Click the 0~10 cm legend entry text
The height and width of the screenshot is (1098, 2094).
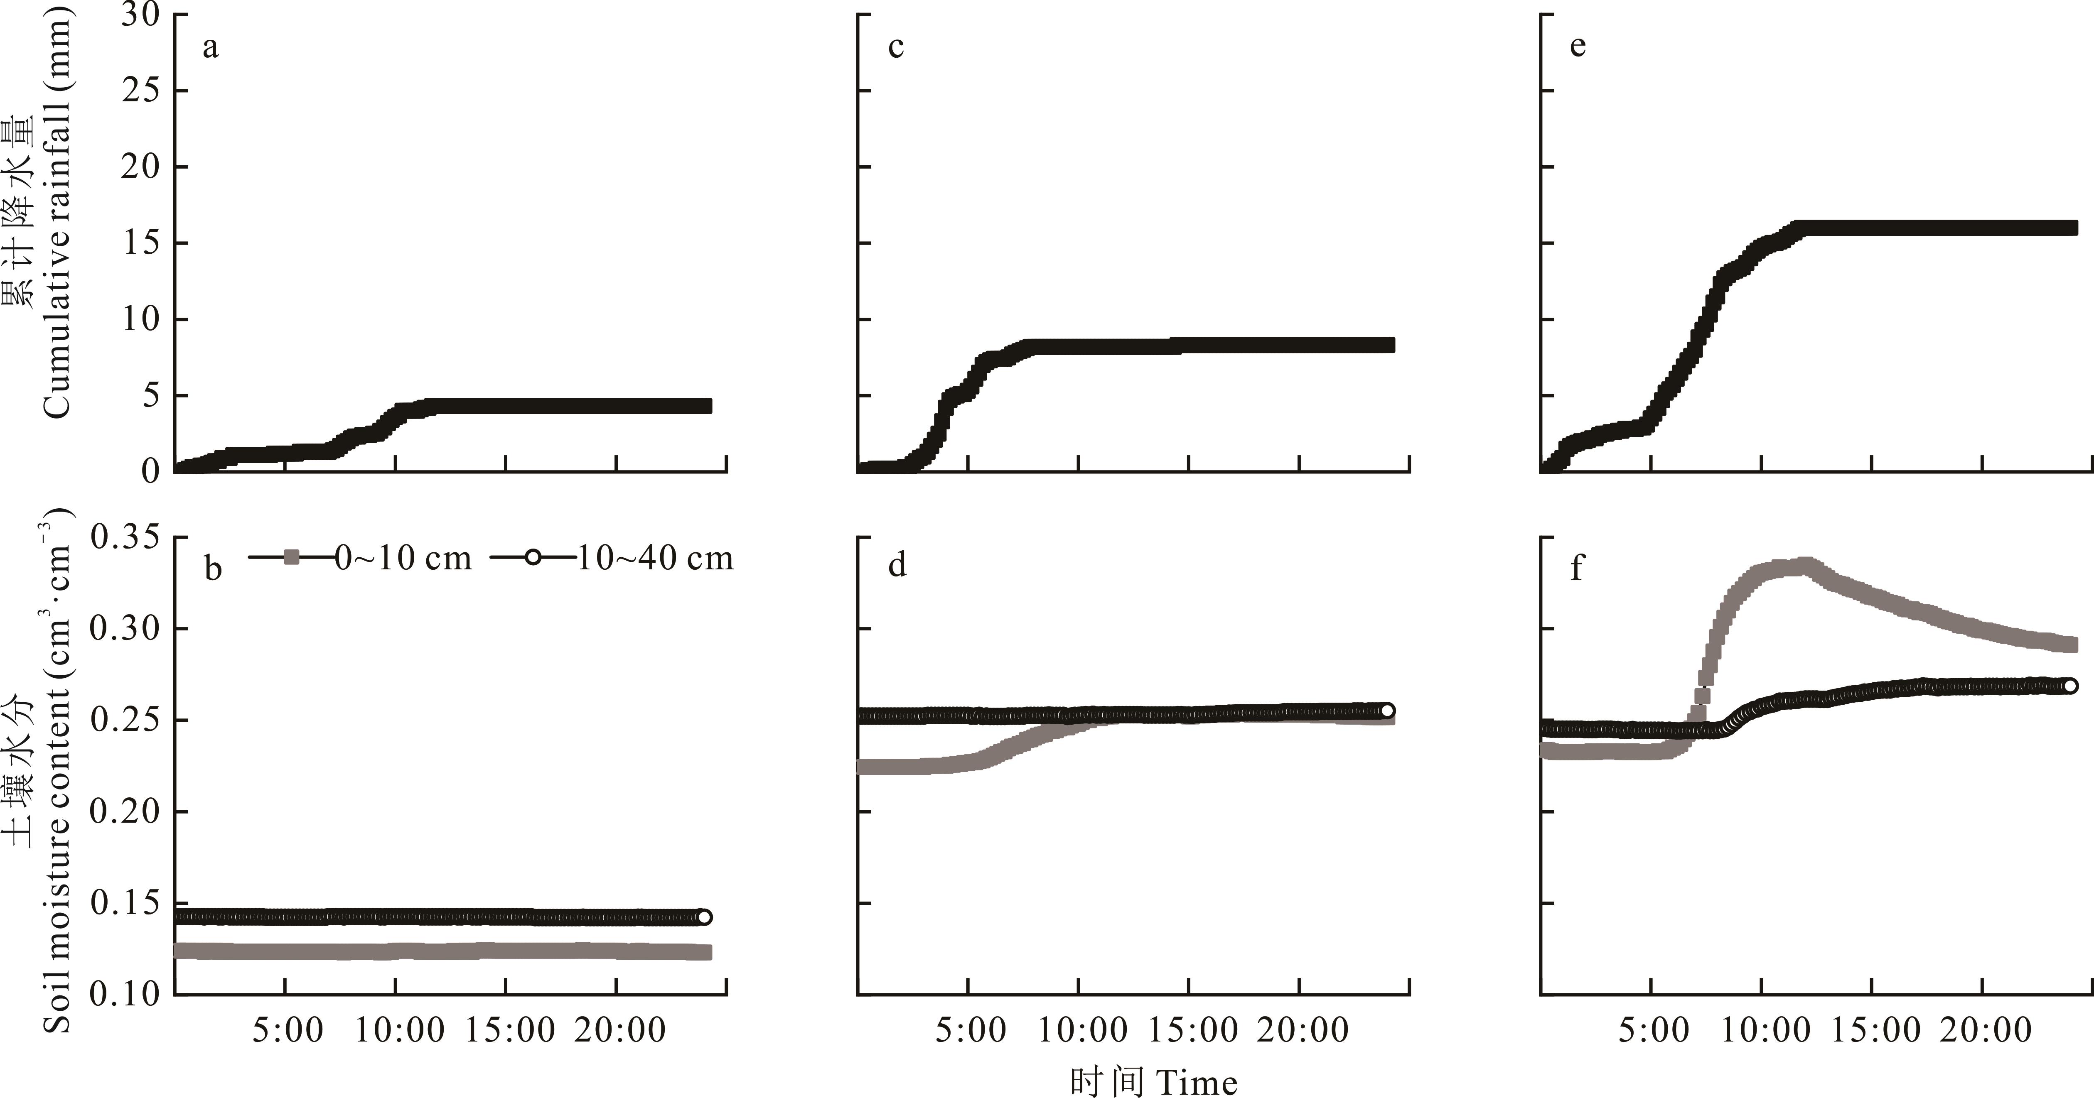(403, 559)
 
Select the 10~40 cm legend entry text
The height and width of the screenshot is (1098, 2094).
(655, 559)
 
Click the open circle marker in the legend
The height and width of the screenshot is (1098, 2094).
(533, 558)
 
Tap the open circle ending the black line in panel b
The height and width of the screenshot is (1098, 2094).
(704, 917)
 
